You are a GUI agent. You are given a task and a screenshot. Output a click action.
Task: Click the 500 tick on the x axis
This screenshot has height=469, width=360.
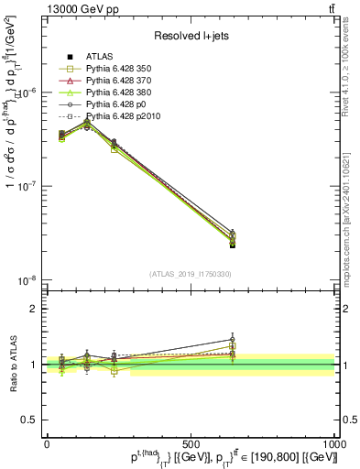(x=191, y=444)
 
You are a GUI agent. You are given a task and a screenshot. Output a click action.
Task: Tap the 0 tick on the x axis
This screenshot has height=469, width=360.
(x=47, y=444)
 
